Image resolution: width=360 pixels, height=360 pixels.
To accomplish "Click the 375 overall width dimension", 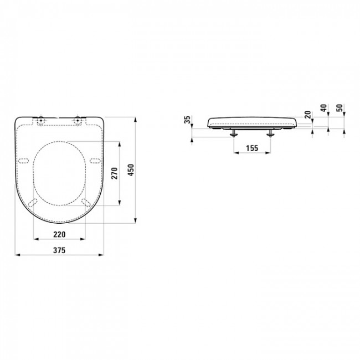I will (60, 250).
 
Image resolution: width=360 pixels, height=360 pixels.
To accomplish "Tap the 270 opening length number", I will (114, 173).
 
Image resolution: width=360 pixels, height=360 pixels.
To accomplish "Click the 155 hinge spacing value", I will (251, 148).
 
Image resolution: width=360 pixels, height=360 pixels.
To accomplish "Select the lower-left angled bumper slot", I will (33, 203).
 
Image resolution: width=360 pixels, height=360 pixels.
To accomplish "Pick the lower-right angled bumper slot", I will (87, 203).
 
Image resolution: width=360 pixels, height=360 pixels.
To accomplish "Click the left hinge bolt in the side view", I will (233, 133).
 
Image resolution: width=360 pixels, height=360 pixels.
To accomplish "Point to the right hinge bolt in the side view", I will (271, 133).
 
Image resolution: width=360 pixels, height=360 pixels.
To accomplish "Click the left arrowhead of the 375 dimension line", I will (16, 255).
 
